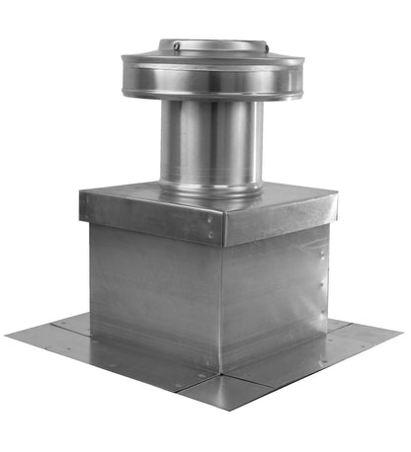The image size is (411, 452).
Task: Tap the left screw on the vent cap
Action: (176, 46)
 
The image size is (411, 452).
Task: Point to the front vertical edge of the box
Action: (220, 306)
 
